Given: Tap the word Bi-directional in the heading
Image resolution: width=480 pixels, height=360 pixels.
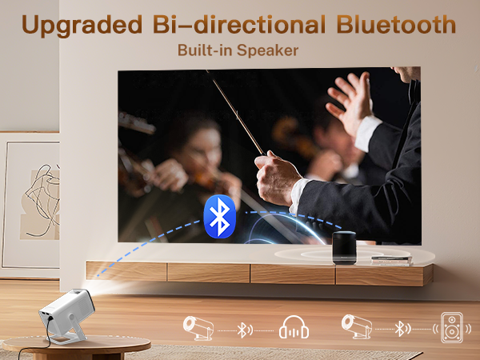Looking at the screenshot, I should pyautogui.click(x=241, y=24).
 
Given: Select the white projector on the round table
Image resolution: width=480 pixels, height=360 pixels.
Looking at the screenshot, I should pyautogui.click(x=70, y=310).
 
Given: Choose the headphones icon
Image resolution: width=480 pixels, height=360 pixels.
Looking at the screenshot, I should pyautogui.click(x=294, y=329).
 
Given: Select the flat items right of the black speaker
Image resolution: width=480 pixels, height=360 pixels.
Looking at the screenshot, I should pyautogui.click(x=390, y=258).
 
